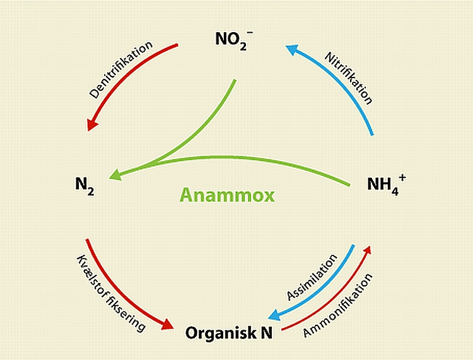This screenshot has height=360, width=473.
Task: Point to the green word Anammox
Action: coord(227,195)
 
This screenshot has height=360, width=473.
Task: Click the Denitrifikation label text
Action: coord(121,69)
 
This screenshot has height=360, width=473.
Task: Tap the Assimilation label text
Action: coord(312,277)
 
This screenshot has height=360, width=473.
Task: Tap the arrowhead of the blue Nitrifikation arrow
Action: coord(291,47)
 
